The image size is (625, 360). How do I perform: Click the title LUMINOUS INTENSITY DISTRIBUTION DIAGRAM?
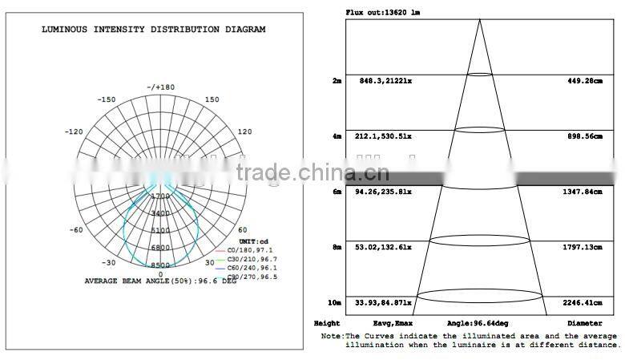pyautogui.click(x=154, y=30)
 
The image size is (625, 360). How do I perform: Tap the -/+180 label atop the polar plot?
pyautogui.click(x=160, y=87)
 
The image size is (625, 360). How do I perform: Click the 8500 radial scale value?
pyautogui.click(x=160, y=265)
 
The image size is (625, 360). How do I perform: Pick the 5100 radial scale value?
pyautogui.click(x=160, y=231)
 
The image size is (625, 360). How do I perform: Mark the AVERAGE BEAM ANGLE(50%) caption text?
pyautogui.click(x=160, y=281)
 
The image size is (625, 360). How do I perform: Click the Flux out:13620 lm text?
pyautogui.click(x=381, y=13)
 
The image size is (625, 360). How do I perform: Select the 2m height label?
pyautogui.click(x=337, y=81)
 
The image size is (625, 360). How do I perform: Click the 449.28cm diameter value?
pyautogui.click(x=584, y=81)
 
